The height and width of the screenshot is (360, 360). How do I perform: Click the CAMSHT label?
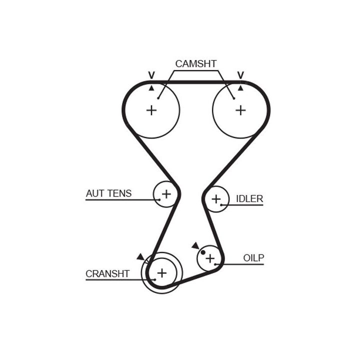(x=195, y=64)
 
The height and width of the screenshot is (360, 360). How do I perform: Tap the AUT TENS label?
(x=108, y=193)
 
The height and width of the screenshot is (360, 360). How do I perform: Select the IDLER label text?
(x=249, y=199)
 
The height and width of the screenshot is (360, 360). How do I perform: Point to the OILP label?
(x=253, y=258)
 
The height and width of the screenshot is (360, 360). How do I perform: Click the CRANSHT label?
(x=107, y=273)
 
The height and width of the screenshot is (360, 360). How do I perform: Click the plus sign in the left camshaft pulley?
(x=151, y=110)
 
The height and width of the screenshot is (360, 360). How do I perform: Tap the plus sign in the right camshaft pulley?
(x=240, y=110)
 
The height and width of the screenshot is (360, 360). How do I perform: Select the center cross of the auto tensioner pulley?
(x=166, y=193)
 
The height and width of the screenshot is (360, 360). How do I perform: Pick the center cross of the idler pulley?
(x=215, y=199)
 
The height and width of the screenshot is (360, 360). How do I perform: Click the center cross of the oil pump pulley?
(x=210, y=258)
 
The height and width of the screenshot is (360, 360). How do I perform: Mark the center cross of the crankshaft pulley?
(x=161, y=272)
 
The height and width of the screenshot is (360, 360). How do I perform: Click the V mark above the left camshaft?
(x=151, y=75)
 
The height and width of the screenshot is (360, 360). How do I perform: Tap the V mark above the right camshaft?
(x=240, y=75)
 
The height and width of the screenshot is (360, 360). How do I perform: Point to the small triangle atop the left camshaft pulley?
(x=151, y=87)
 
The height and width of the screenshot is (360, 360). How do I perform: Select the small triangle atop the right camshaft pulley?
(x=240, y=87)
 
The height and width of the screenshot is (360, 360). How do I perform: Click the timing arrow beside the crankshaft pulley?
(x=140, y=257)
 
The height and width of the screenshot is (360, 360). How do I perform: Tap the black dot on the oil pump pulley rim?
(x=203, y=252)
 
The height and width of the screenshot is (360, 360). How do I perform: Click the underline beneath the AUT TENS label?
(x=120, y=200)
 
